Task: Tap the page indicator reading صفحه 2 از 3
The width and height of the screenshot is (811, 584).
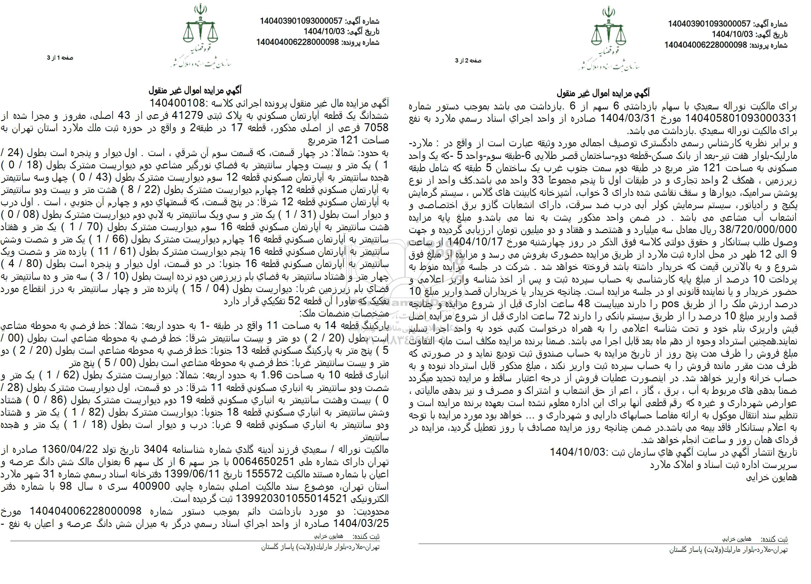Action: point(468,61)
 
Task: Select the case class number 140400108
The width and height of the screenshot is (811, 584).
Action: point(175,104)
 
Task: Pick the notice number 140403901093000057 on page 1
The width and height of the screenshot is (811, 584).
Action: point(301,21)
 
